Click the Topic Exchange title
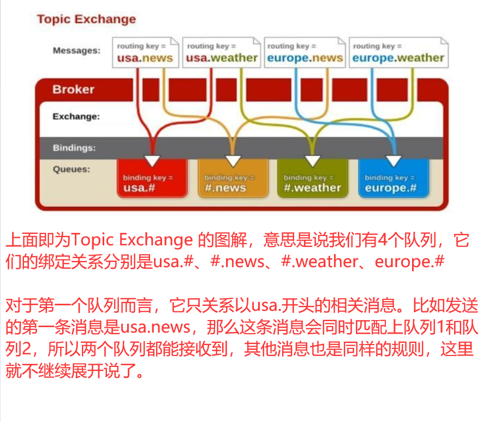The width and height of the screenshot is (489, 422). pos(86,20)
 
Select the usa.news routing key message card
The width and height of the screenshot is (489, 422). pos(145,52)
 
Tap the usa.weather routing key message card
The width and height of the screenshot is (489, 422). pos(221,52)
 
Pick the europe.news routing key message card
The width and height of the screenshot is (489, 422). pos(305,52)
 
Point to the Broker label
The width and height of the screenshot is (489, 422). pos(73,89)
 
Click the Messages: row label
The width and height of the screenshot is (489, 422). pos(76,51)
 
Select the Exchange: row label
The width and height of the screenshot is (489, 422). pos(76,116)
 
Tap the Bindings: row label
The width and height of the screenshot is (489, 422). pos(74,148)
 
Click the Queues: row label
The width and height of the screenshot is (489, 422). pos(71,169)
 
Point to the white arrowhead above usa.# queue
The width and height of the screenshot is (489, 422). pos(152,160)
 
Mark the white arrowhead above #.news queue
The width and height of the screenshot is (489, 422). pos(233,161)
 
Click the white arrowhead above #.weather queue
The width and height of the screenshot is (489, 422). pos(313,161)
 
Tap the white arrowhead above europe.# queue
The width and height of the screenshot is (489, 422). pos(393,161)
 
